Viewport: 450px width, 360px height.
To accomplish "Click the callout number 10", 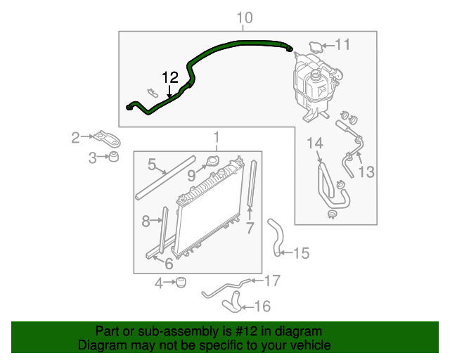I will (244, 17).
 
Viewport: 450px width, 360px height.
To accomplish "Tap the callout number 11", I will (342, 45).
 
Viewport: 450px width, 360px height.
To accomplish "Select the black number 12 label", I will (169, 77).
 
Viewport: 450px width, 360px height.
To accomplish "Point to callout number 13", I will (367, 172).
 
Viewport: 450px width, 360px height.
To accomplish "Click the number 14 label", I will (315, 144).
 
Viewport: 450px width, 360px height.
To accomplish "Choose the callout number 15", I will (301, 253).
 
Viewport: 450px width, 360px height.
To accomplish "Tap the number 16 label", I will (262, 306).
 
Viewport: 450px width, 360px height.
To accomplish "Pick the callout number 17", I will (272, 281).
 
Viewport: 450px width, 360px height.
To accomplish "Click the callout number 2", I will (76, 138).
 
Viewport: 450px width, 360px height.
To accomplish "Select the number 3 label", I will (92, 159).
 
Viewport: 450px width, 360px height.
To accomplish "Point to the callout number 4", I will (159, 283).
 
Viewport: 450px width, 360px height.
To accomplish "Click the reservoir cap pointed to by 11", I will (314, 47).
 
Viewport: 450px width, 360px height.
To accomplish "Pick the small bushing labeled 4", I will (181, 283).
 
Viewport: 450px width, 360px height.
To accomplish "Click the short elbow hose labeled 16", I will (231, 304).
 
